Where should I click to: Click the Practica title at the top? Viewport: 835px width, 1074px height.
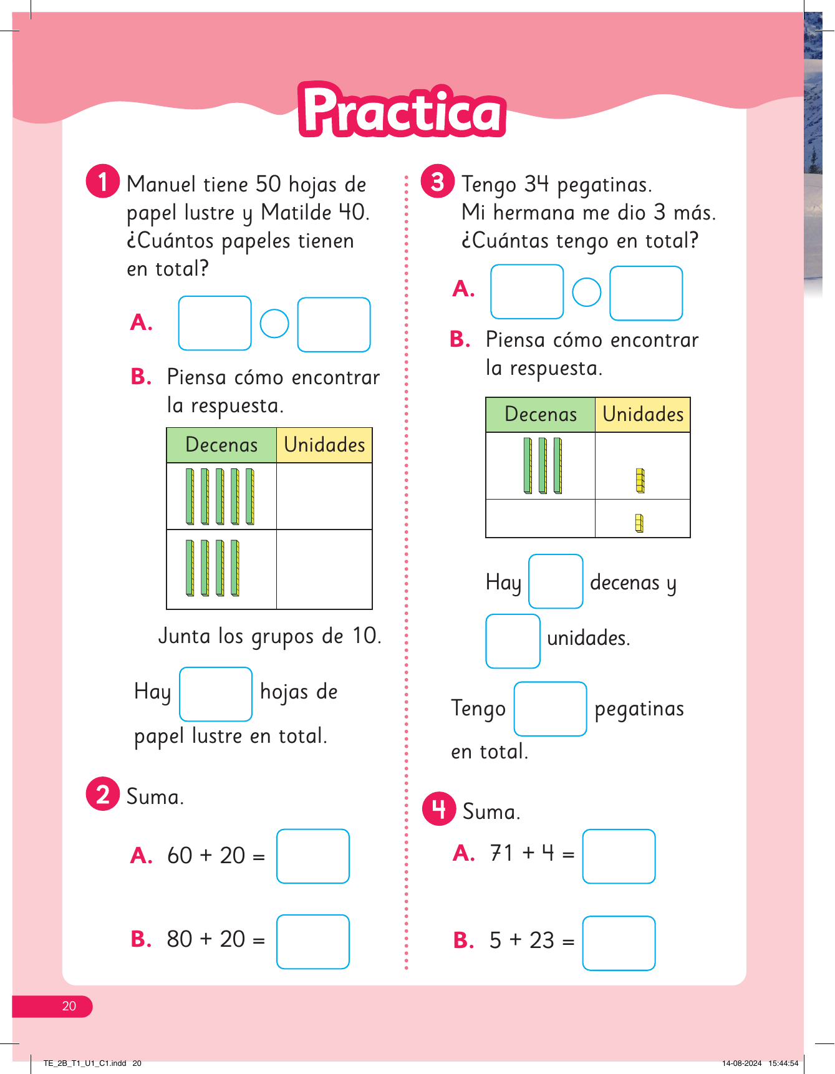(x=402, y=111)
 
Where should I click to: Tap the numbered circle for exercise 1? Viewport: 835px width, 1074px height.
(x=102, y=181)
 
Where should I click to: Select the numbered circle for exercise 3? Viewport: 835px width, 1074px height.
(x=438, y=181)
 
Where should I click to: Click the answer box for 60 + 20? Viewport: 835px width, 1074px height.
(x=312, y=856)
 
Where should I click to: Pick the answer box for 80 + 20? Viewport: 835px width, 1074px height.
(x=312, y=941)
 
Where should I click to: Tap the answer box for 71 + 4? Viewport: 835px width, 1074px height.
(x=619, y=856)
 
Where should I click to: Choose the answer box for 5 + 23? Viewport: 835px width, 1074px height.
(x=619, y=942)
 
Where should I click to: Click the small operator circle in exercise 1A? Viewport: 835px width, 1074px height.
(x=274, y=324)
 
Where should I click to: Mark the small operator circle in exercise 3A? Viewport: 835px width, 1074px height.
(x=586, y=292)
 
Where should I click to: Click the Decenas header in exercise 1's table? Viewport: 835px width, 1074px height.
(x=221, y=445)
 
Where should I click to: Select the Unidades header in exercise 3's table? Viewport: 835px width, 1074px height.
(x=643, y=414)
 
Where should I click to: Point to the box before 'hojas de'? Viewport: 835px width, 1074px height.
(x=216, y=694)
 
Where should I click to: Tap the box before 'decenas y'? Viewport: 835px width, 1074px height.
(x=556, y=581)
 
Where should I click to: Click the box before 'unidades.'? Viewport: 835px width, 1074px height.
(x=513, y=641)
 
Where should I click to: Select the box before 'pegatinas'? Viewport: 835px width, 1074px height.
(x=550, y=709)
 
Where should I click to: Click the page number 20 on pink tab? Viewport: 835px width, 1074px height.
(x=69, y=1006)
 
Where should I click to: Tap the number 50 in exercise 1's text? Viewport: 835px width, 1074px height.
(x=268, y=185)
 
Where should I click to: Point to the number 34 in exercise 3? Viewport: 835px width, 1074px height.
(x=536, y=185)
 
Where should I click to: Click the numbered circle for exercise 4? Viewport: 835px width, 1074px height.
(x=439, y=809)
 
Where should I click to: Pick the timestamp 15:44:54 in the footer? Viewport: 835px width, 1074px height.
(x=783, y=1063)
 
